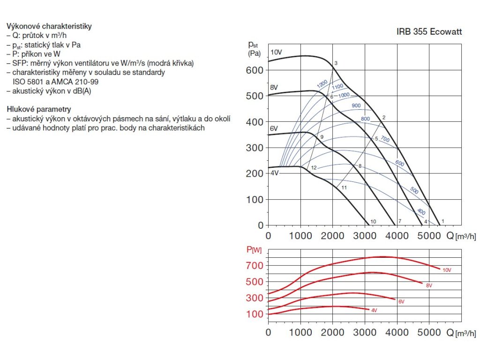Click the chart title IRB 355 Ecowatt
tap(429, 32)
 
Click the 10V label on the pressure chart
tap(276, 52)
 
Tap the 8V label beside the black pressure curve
tap(274, 87)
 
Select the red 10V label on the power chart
tap(446, 270)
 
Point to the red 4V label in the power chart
tap(374, 310)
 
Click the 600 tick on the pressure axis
tap(255, 70)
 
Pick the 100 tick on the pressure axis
tap(255, 200)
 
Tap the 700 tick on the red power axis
tap(255, 266)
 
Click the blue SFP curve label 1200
tap(322, 85)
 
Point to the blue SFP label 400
tap(421, 212)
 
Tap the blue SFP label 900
tap(356, 105)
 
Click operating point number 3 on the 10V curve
tap(336, 63)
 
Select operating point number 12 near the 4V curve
tap(314, 168)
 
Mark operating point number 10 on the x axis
tap(373, 221)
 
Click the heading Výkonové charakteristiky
tap(49, 26)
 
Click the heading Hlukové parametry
tap(39, 109)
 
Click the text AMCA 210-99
tap(75, 82)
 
